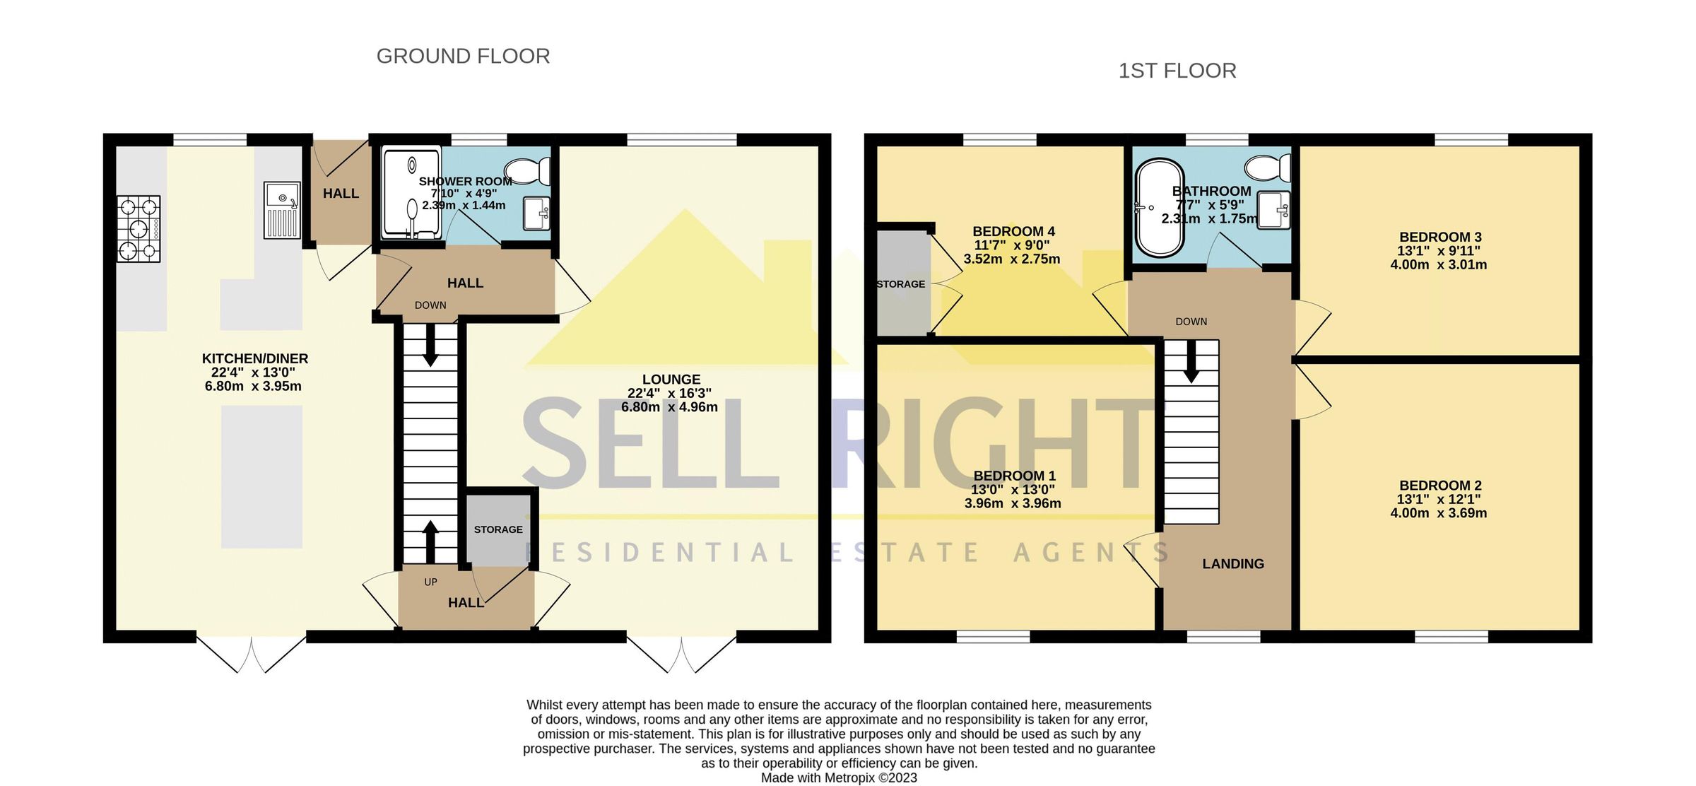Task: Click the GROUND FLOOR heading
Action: pos(463,57)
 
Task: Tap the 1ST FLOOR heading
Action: pos(1177,71)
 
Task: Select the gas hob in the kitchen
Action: pos(139,229)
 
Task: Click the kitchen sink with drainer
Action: pos(282,210)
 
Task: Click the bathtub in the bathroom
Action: pos(1159,208)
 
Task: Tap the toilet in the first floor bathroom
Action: pos(1268,168)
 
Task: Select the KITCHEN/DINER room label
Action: pos(255,359)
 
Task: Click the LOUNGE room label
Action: pos(671,380)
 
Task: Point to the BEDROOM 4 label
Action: pos(1013,231)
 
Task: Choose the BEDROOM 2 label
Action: pos(1440,486)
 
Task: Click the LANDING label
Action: pos(1233,564)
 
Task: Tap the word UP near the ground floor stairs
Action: pos(430,582)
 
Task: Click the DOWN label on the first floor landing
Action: pos(1191,322)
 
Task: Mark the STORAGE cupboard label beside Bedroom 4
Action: pos(900,284)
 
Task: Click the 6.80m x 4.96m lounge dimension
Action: pos(669,407)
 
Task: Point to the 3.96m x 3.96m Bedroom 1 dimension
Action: pos(1013,504)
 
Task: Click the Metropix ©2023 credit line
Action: pos(839,778)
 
